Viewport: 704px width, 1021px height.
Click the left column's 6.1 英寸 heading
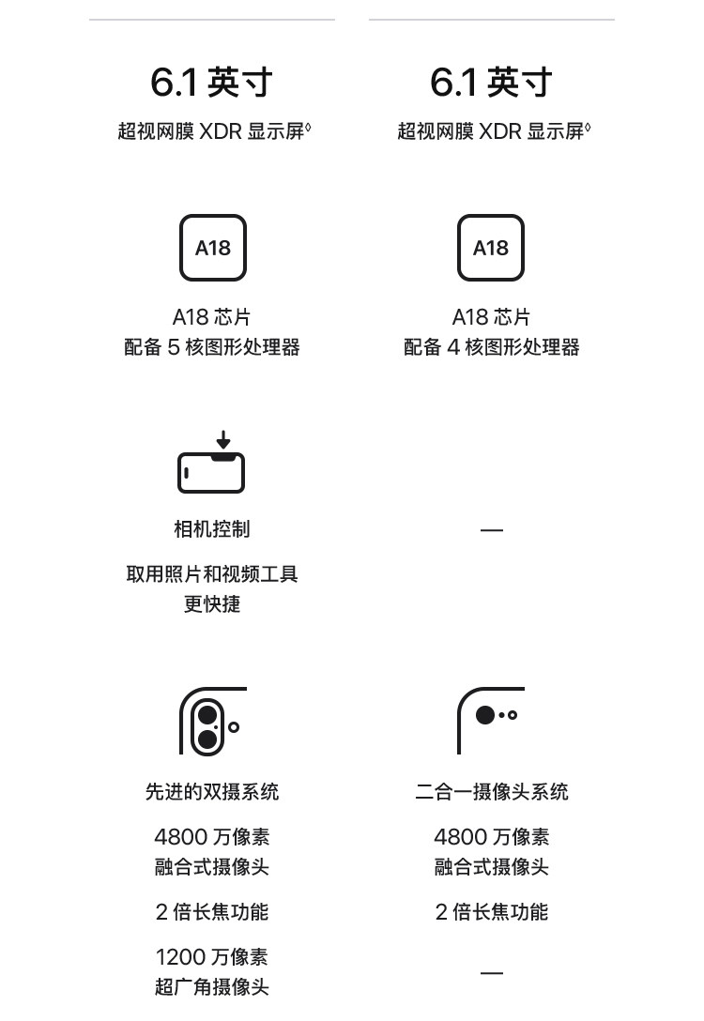(211, 83)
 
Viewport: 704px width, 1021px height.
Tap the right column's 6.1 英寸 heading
(491, 83)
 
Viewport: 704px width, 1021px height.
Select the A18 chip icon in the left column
(213, 248)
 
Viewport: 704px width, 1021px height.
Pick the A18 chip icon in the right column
(490, 248)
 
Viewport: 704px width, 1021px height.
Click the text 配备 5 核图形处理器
(212, 347)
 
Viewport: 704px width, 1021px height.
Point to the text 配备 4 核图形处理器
(491, 347)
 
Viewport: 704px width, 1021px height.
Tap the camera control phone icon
(211, 472)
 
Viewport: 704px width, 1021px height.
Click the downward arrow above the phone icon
(222, 439)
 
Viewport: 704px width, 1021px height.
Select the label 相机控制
(212, 529)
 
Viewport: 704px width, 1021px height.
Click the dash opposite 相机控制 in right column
(491, 530)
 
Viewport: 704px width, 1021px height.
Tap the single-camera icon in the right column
(490, 719)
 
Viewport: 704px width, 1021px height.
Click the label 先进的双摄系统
(212, 792)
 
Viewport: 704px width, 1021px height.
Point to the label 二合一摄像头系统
(491, 792)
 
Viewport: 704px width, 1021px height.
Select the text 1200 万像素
(212, 957)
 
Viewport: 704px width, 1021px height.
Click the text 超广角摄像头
(212, 987)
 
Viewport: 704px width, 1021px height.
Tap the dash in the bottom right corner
(491, 973)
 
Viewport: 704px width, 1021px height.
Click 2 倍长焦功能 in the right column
(491, 912)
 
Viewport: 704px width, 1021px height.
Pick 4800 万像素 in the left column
(212, 837)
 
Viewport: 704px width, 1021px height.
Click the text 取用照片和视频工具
(212, 574)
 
